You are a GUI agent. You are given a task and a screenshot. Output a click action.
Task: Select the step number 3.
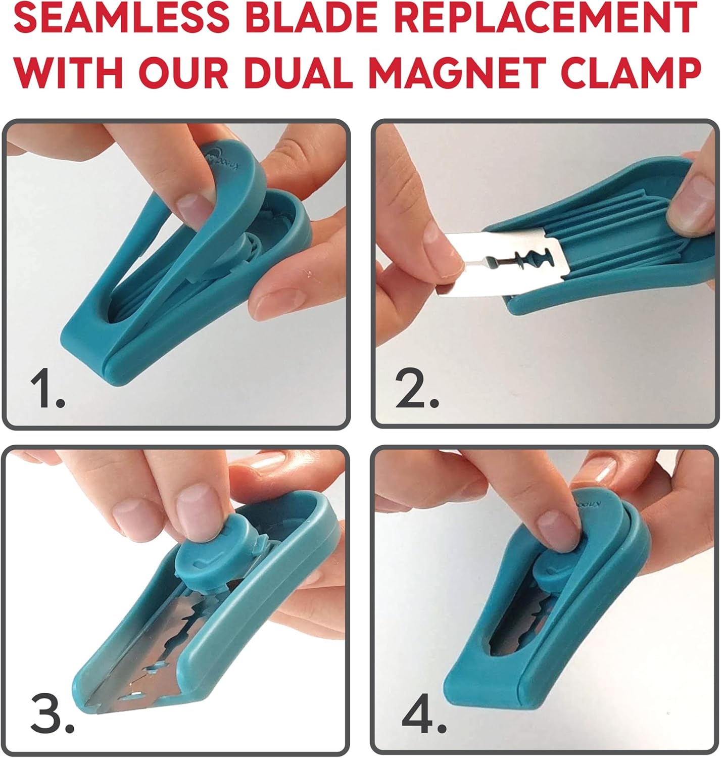pos(51,716)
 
